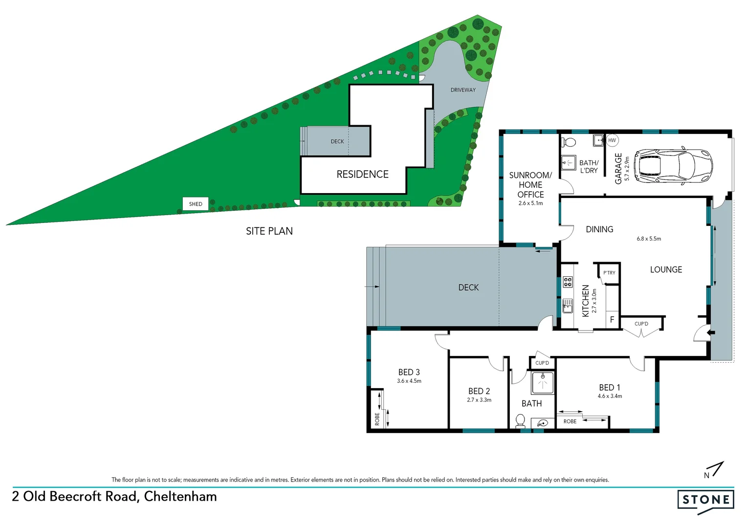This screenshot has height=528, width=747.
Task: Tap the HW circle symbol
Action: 612,140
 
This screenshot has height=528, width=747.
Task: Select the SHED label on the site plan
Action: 196,204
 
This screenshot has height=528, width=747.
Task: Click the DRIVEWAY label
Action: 463,90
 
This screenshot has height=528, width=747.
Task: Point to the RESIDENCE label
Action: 362,175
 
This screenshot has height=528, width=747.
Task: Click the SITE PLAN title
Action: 269,231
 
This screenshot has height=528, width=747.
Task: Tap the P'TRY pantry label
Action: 609,273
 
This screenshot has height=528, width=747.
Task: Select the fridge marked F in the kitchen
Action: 612,320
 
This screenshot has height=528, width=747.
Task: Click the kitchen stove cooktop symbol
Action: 568,282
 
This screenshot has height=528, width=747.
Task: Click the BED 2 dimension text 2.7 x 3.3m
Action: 479,400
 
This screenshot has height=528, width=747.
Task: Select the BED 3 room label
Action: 409,372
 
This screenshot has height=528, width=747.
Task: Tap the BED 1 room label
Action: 610,387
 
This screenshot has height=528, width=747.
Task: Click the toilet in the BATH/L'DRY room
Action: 569,142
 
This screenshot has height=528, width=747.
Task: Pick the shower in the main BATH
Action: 543,383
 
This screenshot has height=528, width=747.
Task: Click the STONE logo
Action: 705,500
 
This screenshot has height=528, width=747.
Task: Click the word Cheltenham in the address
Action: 180,497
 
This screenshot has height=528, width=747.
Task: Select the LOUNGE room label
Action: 666,270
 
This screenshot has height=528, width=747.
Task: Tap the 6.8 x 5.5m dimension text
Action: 649,239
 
